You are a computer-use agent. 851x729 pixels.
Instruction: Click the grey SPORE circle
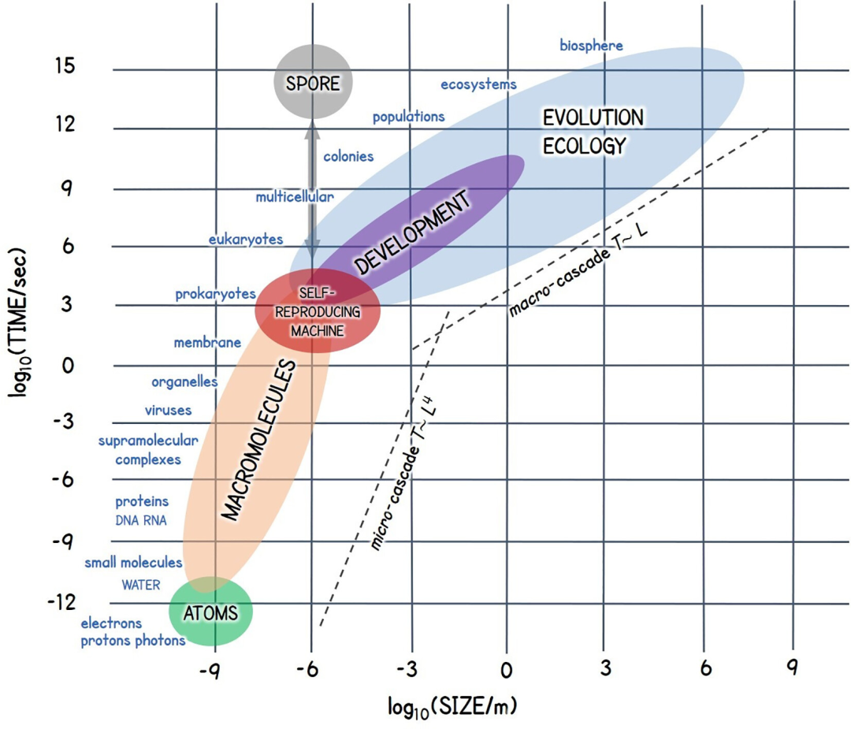[x=313, y=82]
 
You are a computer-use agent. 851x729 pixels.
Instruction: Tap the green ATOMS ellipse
[x=210, y=612]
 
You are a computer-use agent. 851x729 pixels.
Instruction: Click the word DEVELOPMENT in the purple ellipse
[x=412, y=232]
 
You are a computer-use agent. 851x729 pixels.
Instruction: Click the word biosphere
[x=591, y=46]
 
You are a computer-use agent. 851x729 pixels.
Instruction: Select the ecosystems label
[x=478, y=84]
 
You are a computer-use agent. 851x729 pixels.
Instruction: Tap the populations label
[x=408, y=117]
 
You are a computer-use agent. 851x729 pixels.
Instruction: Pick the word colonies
[x=348, y=156]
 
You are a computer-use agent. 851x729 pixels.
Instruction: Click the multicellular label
[x=294, y=197]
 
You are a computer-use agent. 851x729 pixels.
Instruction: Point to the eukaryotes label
[x=245, y=239]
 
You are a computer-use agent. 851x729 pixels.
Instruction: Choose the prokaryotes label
[x=215, y=294]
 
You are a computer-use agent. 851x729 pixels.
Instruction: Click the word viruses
[x=168, y=410]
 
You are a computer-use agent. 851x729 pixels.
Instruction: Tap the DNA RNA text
[x=141, y=520]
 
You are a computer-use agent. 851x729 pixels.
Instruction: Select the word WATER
[x=141, y=585]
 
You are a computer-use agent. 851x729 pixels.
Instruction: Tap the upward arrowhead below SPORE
[x=312, y=129]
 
